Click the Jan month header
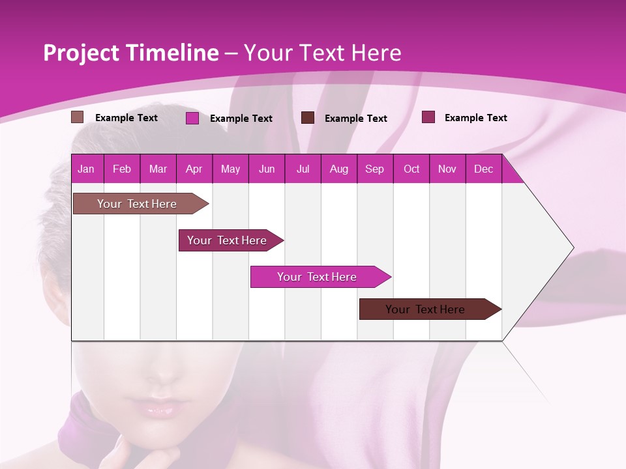(86, 169)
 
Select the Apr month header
(194, 169)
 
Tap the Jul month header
(303, 169)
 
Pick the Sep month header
(374, 169)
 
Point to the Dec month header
(483, 169)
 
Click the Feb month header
(122, 169)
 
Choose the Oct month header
(411, 169)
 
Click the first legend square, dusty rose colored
(77, 117)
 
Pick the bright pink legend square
(192, 118)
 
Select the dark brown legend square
(308, 118)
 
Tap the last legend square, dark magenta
(428, 117)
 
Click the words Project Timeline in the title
(130, 53)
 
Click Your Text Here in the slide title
(322, 53)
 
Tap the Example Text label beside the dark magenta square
(475, 118)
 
